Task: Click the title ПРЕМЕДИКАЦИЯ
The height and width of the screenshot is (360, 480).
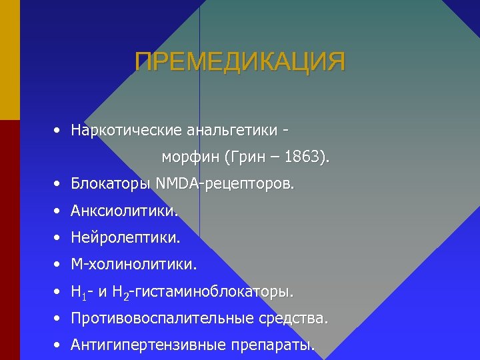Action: tap(240, 62)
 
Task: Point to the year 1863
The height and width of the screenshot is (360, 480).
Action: tap(305, 158)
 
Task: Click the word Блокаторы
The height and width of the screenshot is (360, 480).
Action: tap(110, 183)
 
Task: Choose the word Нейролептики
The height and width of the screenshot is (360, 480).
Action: tap(125, 237)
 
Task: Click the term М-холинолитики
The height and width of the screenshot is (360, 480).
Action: tap(134, 265)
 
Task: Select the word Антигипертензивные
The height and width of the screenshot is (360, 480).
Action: tap(148, 345)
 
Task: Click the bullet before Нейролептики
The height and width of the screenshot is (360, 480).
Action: tap(59, 237)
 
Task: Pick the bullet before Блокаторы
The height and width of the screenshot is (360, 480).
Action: tap(59, 183)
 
